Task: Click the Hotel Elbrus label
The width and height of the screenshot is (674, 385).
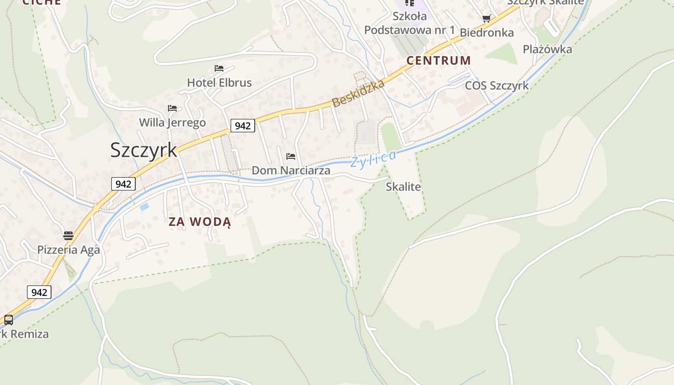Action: pos(219,83)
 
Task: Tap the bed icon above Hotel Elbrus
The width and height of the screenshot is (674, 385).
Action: pos(219,68)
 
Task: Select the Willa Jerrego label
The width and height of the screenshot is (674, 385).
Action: pos(172,123)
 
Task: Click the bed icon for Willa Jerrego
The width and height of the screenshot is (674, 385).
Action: pos(172,108)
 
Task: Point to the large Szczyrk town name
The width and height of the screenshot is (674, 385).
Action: pos(143,150)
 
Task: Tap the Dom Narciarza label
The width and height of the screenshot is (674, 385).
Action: pos(291,170)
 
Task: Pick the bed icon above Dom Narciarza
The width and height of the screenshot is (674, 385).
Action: pos(291,156)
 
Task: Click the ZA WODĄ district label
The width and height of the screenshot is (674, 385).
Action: pos(200,222)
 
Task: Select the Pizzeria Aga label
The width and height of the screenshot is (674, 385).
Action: pos(68,250)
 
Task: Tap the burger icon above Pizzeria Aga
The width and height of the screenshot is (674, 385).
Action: pos(68,236)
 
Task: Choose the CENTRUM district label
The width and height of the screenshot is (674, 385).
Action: pos(439,61)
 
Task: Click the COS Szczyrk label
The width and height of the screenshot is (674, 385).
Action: pos(496,86)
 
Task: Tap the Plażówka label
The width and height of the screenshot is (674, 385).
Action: pos(547,50)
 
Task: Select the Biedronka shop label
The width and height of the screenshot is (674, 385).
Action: pos(487,33)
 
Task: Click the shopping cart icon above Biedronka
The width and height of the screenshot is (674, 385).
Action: pos(487,19)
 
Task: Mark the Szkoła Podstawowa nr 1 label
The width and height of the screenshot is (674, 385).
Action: pos(409,23)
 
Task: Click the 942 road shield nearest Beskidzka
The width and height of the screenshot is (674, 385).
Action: pos(243,126)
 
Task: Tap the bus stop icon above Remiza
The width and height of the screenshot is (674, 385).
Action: pos(9,320)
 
